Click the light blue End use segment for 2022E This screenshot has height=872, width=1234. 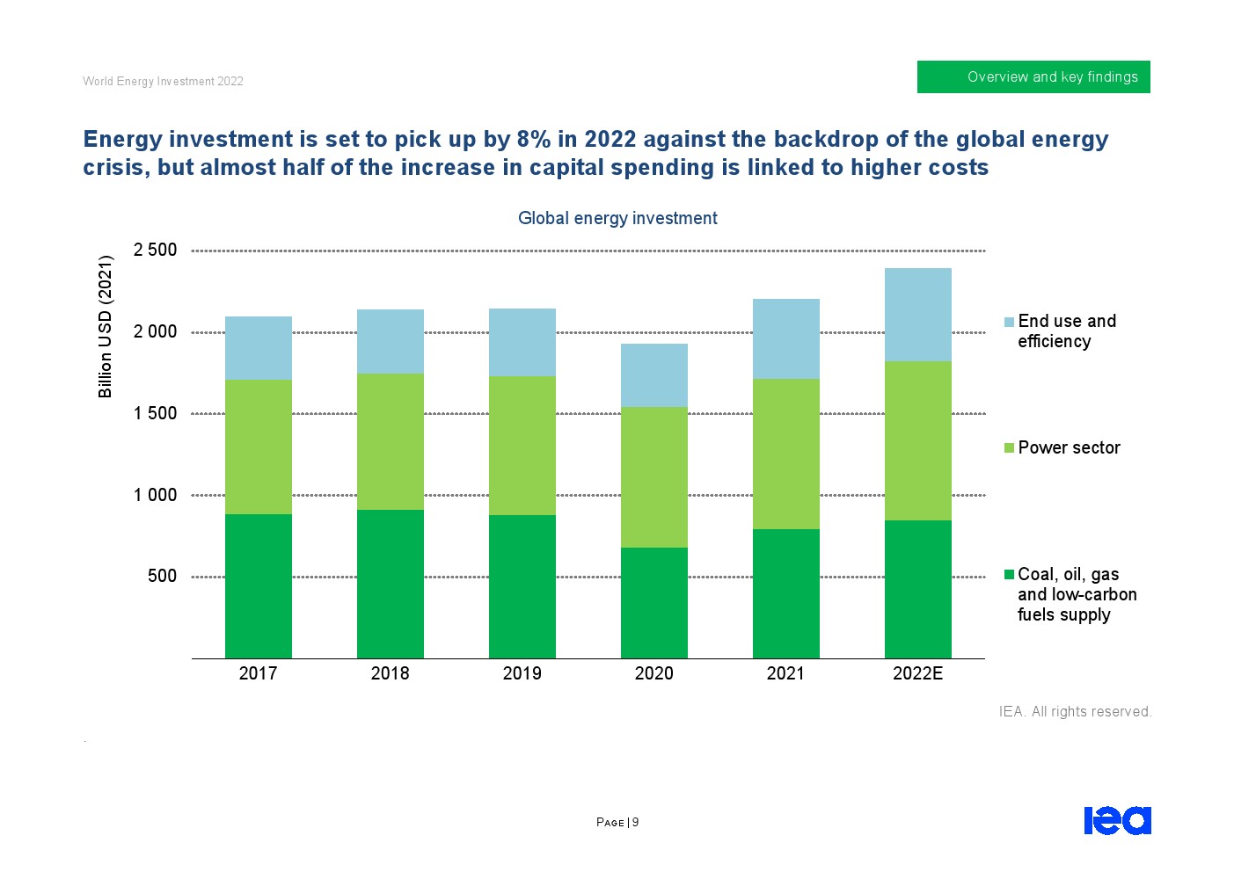pos(917,315)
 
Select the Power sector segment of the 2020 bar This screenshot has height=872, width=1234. pos(654,477)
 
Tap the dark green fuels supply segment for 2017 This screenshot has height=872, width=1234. pos(258,585)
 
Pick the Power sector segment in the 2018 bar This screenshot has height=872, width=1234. pos(390,441)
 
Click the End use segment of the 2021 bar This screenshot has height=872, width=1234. pos(785,338)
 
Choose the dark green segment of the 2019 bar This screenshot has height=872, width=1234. pos(522,586)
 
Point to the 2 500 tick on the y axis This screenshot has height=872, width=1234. pos(155,250)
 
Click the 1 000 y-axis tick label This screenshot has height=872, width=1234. pos(155,495)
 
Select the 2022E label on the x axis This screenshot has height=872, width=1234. pos(917,673)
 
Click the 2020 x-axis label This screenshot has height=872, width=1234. pos(654,673)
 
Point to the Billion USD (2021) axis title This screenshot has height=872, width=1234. pos(106,326)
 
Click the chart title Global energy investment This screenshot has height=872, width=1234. pos(617,218)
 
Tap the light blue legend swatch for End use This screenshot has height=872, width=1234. pos(1010,322)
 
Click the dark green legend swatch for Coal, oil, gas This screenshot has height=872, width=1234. pos(1010,575)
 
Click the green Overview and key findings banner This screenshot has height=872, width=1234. pos(1033,76)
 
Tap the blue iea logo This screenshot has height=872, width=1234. pos(1117,820)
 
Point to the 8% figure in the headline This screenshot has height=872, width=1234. pos(533,139)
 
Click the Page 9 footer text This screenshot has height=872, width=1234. pos(617,823)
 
